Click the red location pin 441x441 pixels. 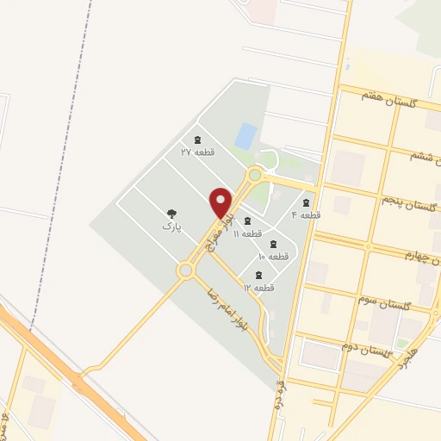[x=221, y=202]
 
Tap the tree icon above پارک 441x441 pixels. [x=171, y=212]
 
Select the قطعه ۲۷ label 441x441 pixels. [x=197, y=152]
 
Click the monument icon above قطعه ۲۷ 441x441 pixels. [x=197, y=140]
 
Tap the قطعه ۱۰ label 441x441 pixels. [x=273, y=256]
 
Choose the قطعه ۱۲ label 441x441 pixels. [x=258, y=287]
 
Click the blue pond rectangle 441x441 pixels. [x=246, y=135]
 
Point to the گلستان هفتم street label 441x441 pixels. [x=389, y=102]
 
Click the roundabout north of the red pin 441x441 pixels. [x=254, y=175]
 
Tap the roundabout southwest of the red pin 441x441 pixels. [x=185, y=271]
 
